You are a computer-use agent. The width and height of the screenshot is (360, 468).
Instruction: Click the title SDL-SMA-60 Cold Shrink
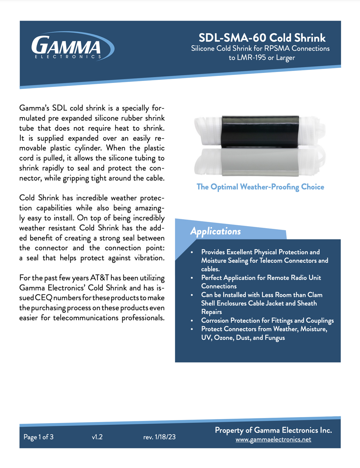click(262, 38)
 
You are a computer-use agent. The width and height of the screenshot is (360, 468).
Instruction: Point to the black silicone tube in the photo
click(260, 131)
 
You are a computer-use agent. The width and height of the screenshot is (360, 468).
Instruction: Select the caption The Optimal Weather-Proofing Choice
click(260, 187)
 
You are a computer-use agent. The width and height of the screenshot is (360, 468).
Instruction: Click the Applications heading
click(215, 231)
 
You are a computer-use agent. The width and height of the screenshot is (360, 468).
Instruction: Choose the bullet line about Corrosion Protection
click(267, 320)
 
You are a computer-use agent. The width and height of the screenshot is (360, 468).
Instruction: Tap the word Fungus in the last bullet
click(275, 338)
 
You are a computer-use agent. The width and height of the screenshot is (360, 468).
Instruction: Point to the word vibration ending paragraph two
click(149, 258)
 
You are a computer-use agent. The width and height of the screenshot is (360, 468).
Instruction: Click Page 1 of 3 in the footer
click(38, 437)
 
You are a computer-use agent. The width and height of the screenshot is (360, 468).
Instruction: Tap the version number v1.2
click(97, 437)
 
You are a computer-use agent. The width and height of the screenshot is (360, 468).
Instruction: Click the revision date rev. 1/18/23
click(159, 437)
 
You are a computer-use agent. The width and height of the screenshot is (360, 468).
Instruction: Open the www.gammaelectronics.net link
click(273, 439)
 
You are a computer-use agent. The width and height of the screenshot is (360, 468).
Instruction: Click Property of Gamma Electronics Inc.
click(273, 430)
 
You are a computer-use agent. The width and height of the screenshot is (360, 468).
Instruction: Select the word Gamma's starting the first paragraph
click(34, 108)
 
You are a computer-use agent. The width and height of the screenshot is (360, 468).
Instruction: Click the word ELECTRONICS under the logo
click(68, 57)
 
